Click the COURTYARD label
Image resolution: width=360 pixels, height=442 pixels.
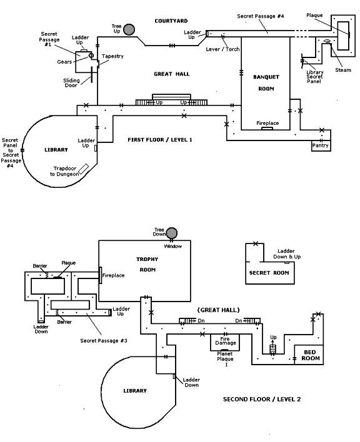coord(171,21)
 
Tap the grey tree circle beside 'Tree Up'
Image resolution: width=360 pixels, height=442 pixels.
coord(129,29)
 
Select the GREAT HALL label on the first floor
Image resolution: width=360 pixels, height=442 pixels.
coord(171,74)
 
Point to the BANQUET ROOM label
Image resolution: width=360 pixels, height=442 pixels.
coord(266,82)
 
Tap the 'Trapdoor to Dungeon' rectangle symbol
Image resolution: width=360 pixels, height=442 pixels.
coord(84,169)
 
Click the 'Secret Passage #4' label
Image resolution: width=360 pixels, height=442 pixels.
coord(260,16)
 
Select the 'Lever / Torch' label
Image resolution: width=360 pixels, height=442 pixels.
coord(222,49)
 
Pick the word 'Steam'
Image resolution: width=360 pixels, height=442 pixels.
coord(343,70)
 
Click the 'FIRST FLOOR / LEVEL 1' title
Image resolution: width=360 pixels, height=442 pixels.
coord(159,140)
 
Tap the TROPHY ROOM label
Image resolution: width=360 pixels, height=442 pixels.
coord(147,265)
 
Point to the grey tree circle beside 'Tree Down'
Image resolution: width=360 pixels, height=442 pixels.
coord(171,233)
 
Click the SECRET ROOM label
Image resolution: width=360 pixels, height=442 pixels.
coord(269,273)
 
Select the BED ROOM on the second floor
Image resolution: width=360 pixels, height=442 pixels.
coord(309,355)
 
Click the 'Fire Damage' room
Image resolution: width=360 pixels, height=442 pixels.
coord(225,343)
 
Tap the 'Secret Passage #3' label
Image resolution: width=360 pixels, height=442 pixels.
coord(104,341)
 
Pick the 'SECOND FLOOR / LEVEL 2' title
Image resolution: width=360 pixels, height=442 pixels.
coord(262,399)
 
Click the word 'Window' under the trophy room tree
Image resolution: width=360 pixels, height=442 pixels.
coord(173,247)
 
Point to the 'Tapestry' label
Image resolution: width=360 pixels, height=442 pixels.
coord(112,56)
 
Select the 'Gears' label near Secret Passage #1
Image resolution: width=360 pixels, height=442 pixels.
coord(64,62)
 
